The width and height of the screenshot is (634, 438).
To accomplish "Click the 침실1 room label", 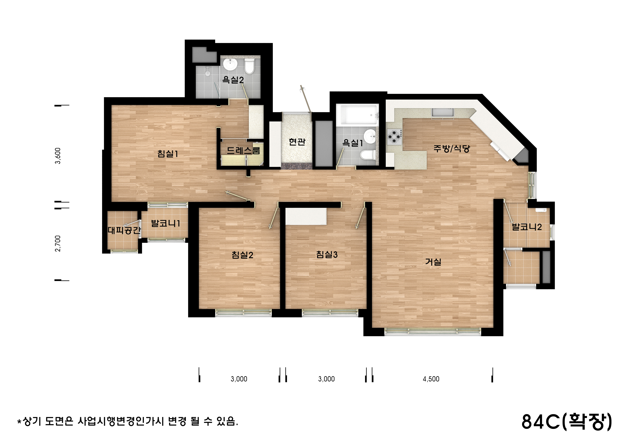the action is (x=168, y=154).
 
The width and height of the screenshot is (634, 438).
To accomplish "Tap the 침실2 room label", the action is (x=242, y=255).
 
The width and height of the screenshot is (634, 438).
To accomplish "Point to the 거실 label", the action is (x=433, y=262).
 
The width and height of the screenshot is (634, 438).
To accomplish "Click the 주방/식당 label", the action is (x=451, y=149).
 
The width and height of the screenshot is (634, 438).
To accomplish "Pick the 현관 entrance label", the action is (x=297, y=142).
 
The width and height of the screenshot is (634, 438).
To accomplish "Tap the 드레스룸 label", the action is (x=243, y=150).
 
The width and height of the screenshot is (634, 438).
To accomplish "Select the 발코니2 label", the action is (x=527, y=227).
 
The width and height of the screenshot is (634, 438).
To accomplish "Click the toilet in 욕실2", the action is (x=249, y=66).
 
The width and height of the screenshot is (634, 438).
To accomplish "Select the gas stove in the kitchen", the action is (x=394, y=137).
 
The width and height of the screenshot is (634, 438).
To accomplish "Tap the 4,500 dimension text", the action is (x=431, y=379).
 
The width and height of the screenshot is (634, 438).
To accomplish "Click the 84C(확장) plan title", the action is (x=567, y=421).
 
